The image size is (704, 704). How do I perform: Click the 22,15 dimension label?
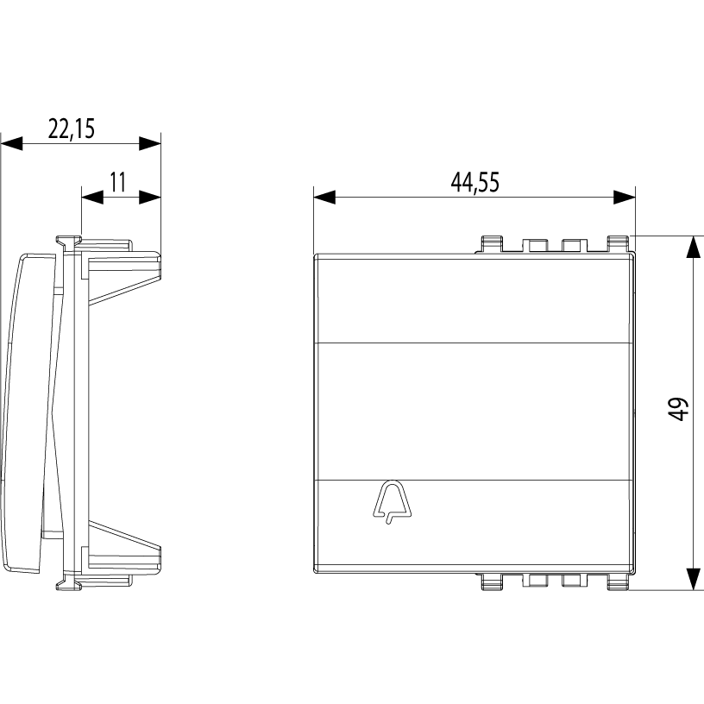(72, 129)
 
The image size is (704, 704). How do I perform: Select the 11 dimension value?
(118, 182)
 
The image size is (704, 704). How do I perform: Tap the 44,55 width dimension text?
(475, 182)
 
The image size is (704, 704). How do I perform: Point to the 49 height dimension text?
(678, 409)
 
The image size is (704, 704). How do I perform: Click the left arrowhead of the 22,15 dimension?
(11, 144)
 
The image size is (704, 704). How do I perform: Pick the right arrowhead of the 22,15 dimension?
(150, 144)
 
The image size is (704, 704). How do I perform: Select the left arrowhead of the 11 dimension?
(92, 197)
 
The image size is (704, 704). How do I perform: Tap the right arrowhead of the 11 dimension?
(150, 197)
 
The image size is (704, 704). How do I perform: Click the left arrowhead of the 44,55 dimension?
(324, 197)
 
